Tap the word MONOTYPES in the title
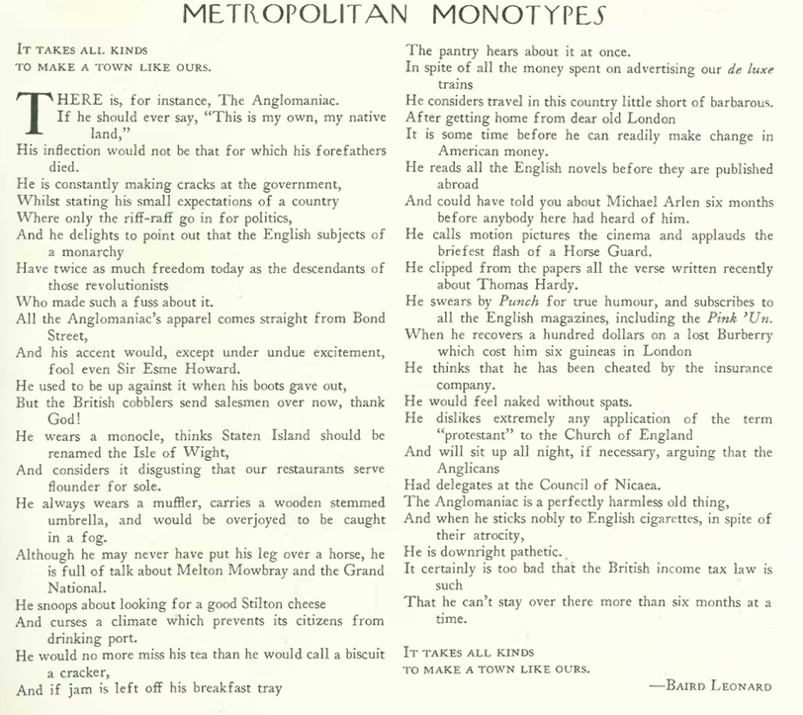521,16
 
